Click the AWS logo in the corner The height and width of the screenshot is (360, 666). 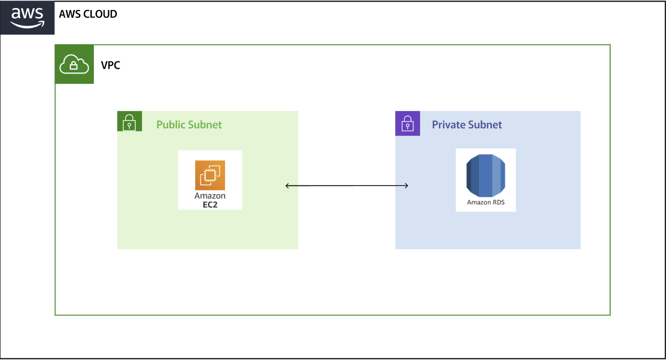tap(27, 18)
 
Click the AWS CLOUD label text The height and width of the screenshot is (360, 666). tap(88, 14)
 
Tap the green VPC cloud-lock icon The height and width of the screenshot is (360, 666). tap(74, 64)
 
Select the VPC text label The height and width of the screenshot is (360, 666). tap(110, 66)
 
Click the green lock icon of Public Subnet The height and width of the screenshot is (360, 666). tap(129, 124)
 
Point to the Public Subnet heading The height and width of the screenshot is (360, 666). tap(189, 125)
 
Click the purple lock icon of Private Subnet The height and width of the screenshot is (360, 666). tap(407, 124)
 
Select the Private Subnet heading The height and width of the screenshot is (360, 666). tap(467, 125)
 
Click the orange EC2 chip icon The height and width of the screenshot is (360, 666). tap(210, 176)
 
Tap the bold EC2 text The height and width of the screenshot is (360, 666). tap(210, 204)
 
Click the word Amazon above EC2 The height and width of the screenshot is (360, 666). tap(210, 196)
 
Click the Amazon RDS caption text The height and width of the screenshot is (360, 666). tap(486, 202)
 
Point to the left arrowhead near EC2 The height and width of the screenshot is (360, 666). tap(287, 186)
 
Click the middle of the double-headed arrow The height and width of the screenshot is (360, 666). tap(347, 186)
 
